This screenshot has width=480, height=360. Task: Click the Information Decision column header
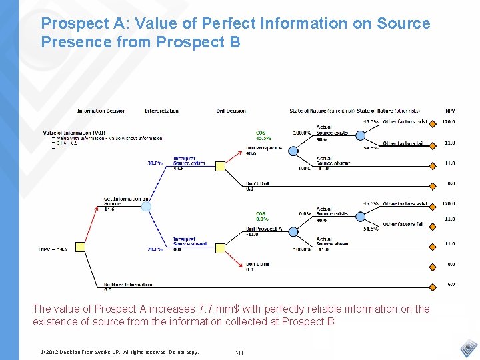[x=101, y=111]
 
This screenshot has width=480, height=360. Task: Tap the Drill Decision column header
[x=231, y=111]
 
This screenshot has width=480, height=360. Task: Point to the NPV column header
[x=451, y=111]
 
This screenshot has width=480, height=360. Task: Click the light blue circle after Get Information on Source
[x=146, y=207]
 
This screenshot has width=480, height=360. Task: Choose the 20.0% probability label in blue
[x=155, y=249]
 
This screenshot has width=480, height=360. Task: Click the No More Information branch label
[x=128, y=285]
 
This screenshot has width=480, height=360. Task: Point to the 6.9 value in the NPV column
[x=451, y=285]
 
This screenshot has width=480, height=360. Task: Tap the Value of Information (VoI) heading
[x=74, y=133]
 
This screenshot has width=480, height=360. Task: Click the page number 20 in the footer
[x=239, y=352]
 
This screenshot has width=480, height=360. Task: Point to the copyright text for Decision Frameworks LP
[x=119, y=352]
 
